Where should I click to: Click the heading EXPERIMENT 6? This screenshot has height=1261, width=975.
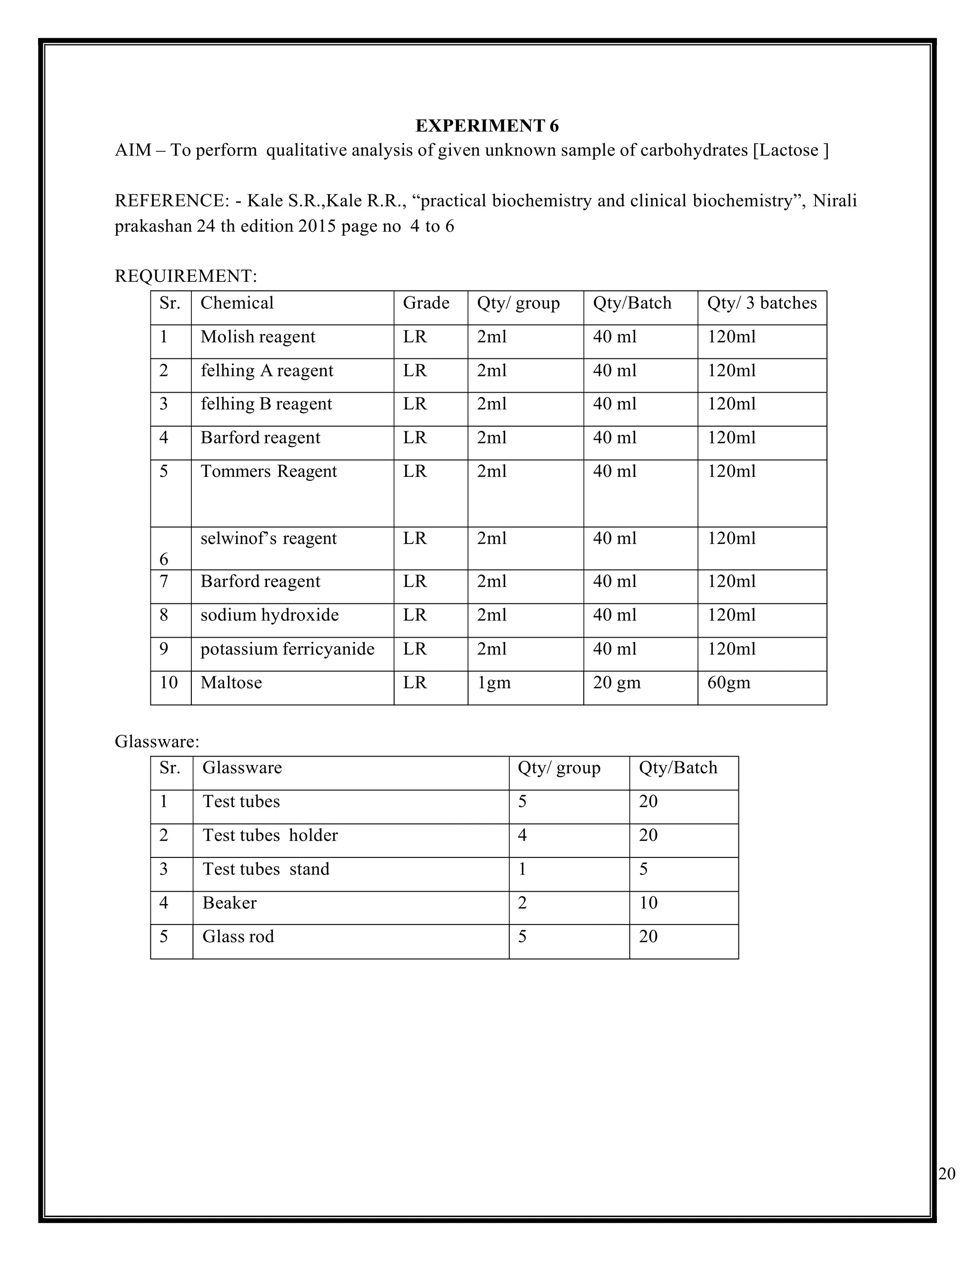pyautogui.click(x=487, y=125)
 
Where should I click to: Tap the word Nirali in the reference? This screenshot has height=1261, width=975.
pyautogui.click(x=835, y=200)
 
